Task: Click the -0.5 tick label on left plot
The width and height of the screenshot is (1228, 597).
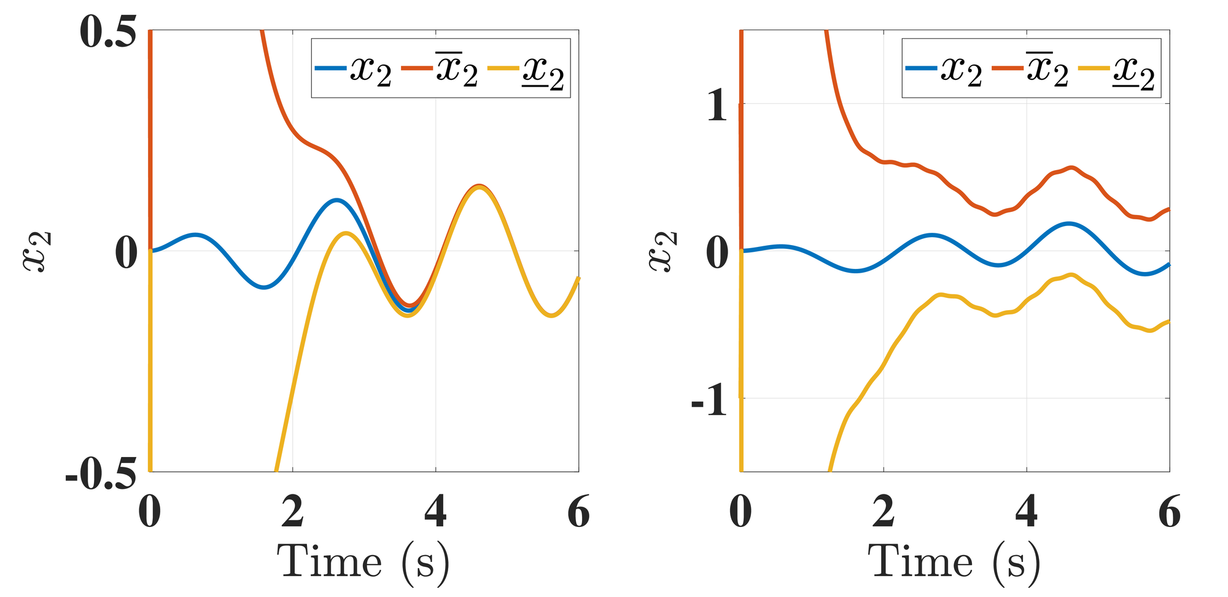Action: coord(101,474)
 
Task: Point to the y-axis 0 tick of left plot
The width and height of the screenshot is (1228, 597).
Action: coord(126,253)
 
